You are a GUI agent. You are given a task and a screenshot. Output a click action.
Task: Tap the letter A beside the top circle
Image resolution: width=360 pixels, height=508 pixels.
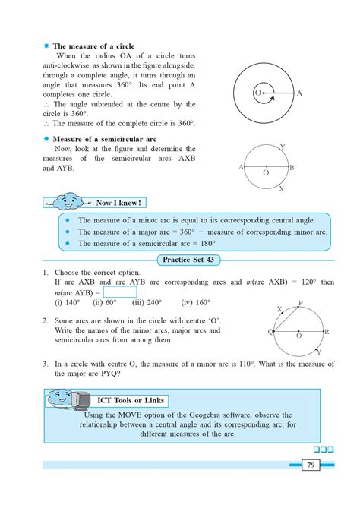coord(299,93)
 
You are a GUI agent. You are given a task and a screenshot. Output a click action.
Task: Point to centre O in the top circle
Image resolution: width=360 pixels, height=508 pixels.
coord(257,93)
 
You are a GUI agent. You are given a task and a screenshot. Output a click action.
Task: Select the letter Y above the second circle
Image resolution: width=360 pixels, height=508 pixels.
coord(282,147)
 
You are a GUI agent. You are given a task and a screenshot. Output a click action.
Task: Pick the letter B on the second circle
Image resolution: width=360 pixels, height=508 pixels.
coord(292,167)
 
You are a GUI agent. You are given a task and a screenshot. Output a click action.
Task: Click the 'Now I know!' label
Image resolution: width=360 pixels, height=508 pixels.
coord(118,203)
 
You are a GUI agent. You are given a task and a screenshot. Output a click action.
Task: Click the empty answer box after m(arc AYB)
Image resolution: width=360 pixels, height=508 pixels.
coord(119,292)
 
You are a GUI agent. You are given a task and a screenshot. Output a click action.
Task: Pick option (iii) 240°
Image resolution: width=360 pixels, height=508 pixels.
coord(147,302)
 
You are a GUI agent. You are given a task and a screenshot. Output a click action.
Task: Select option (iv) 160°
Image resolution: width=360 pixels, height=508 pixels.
coord(197,302)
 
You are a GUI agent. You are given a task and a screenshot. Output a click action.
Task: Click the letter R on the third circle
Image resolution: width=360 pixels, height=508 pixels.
coord(326,333)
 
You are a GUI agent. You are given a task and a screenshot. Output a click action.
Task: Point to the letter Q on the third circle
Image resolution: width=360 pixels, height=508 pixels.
coord(270,333)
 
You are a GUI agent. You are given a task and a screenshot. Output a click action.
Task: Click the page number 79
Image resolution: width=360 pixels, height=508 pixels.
coord(311,465)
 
